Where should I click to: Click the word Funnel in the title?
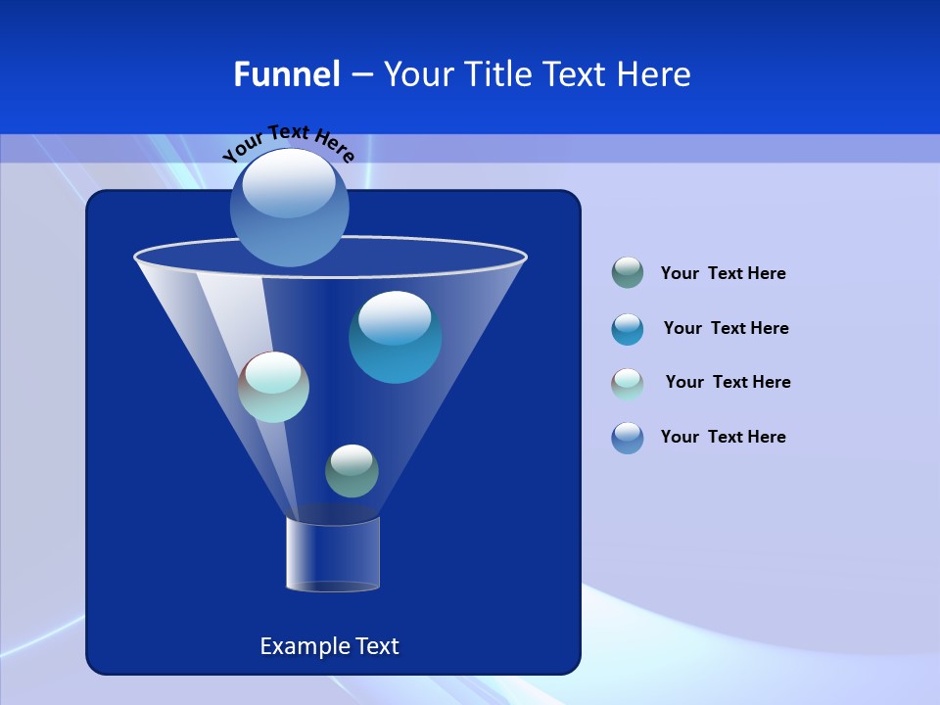click(287, 74)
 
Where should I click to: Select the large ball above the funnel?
click(290, 207)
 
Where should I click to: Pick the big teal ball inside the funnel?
click(396, 338)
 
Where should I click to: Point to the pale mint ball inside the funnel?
click(273, 387)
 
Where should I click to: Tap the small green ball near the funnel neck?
click(352, 471)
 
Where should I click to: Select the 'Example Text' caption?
click(330, 646)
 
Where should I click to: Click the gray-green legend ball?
click(628, 272)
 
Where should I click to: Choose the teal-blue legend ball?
click(628, 329)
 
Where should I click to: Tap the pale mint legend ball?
click(628, 384)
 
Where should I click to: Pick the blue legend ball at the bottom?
click(628, 438)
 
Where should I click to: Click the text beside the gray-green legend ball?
click(723, 273)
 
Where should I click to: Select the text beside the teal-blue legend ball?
click(726, 328)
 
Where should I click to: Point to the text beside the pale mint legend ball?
click(728, 382)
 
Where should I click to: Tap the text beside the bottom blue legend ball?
click(723, 437)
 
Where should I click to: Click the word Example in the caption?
click(301, 646)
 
